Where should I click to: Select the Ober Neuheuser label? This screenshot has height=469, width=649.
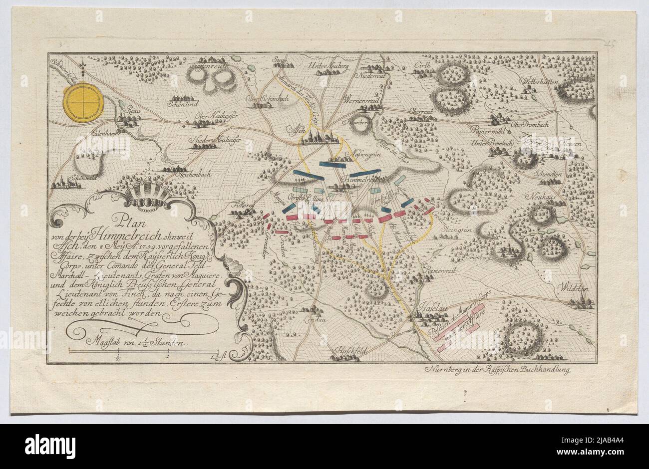[x=216, y=115]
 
